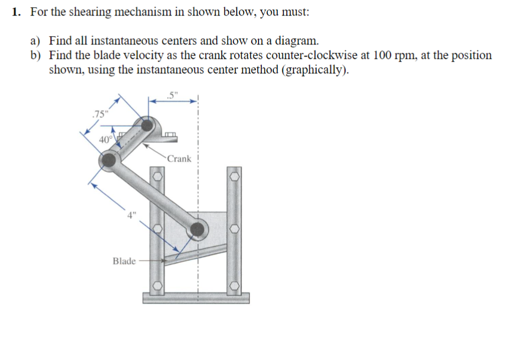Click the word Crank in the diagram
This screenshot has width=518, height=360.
click(178, 158)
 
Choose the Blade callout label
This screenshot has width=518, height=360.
click(124, 261)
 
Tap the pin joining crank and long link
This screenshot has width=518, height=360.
click(108, 161)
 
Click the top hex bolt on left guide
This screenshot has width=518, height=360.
click(157, 177)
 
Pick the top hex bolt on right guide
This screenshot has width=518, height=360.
click(235, 177)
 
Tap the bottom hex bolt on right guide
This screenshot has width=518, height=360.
click(235, 286)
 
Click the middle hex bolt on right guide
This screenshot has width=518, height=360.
click(235, 228)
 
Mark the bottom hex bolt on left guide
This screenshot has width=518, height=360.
click(157, 286)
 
